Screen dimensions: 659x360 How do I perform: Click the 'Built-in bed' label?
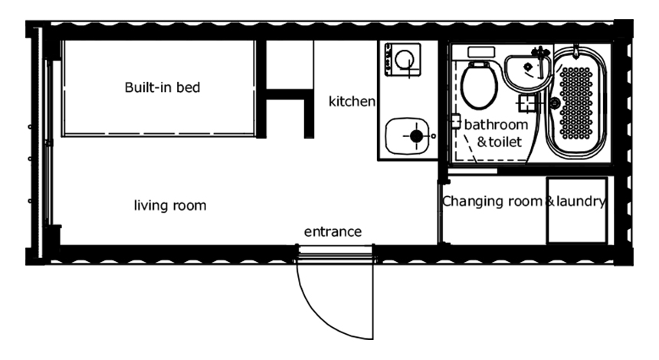tap(162, 87)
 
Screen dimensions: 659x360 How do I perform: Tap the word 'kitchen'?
tap(352, 101)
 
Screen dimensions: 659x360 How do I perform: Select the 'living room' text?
tap(170, 205)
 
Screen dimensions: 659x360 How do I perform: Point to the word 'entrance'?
tap(333, 232)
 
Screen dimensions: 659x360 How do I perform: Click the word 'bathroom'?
tap(496, 124)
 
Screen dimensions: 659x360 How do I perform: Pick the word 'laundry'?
tap(581, 201)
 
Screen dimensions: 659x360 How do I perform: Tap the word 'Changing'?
tap(470, 201)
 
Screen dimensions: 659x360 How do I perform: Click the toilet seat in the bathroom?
tap(479, 87)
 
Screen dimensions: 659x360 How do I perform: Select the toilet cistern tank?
tap(481, 53)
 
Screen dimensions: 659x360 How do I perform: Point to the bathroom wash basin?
tap(526, 71)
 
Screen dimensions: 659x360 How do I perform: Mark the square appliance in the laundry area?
tap(577, 211)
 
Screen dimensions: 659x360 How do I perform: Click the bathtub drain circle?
tap(555, 103)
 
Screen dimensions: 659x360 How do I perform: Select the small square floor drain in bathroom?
tap(526, 103)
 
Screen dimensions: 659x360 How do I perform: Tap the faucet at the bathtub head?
tap(575, 51)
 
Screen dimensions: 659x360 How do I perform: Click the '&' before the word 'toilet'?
tap(482, 142)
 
